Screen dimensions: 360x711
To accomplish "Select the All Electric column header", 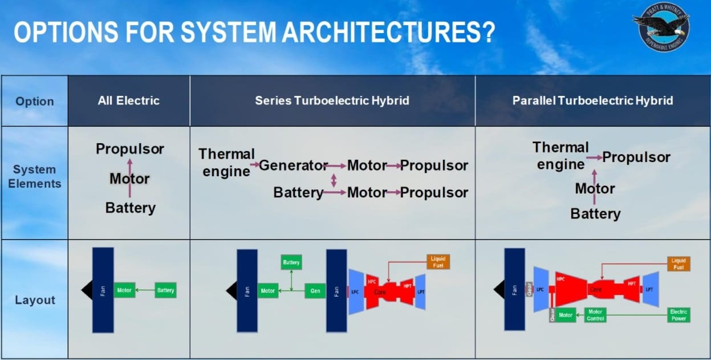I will pyautogui.click(x=128, y=101).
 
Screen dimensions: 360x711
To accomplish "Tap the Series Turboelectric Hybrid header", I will pyautogui.click(x=332, y=101).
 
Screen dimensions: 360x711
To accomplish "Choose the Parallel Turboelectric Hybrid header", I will pyautogui.click(x=592, y=101).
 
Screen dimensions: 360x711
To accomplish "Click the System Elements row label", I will pyautogui.click(x=35, y=176).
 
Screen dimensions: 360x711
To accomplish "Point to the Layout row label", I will pyautogui.click(x=35, y=300).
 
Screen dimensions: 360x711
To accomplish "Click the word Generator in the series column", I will pyautogui.click(x=293, y=165).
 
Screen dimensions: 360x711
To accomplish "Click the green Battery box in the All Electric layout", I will pyautogui.click(x=165, y=290).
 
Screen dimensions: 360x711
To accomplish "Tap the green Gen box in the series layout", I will pyautogui.click(x=315, y=291).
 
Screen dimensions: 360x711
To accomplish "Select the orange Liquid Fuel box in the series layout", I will pyautogui.click(x=438, y=262).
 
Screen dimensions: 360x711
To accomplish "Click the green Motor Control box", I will pyautogui.click(x=595, y=315).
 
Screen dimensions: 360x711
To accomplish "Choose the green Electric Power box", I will pyautogui.click(x=679, y=315).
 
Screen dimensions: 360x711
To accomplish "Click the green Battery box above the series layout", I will pyautogui.click(x=291, y=262).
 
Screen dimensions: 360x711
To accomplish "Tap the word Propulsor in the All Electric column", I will pyautogui.click(x=130, y=149).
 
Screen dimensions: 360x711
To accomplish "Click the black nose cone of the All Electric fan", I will pyautogui.click(x=87, y=290).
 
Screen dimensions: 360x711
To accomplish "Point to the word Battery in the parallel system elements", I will pyautogui.click(x=595, y=214).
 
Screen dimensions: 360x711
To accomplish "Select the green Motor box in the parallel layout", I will pyautogui.click(x=565, y=315).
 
